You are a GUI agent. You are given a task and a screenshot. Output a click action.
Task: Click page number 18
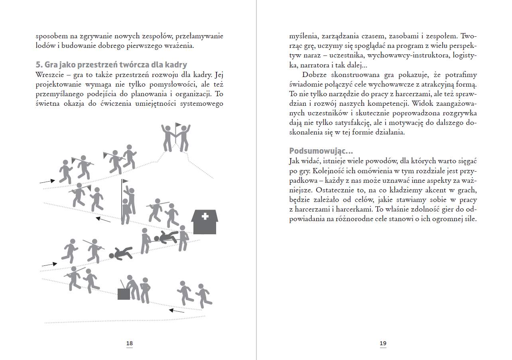click(129, 343)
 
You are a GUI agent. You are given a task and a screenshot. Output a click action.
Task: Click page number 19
click(383, 343)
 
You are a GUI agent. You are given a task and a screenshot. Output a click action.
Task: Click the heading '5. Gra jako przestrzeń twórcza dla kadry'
click(111, 65)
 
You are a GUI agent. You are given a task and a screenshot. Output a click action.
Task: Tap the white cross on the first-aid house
click(205, 217)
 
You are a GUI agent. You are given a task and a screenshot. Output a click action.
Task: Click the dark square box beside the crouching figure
click(124, 294)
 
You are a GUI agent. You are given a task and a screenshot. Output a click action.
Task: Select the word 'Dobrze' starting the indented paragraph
click(315, 75)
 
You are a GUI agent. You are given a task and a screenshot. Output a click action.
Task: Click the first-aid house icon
click(205, 222)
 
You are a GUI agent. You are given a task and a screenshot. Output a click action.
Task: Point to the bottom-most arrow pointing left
click(177, 311)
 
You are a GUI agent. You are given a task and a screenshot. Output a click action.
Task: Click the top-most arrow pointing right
click(47, 182)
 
